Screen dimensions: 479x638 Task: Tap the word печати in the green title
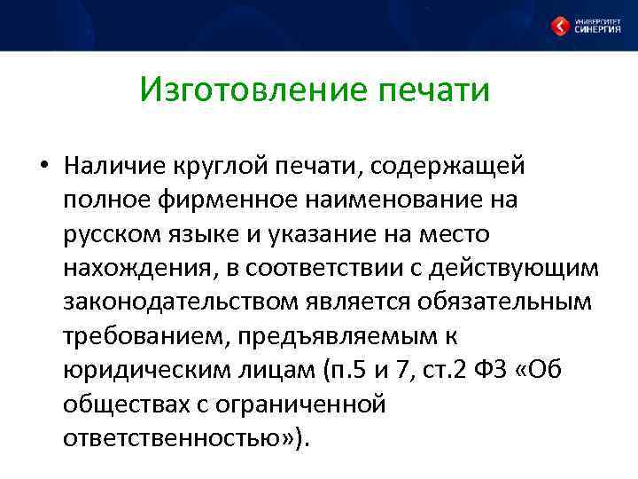[433, 90]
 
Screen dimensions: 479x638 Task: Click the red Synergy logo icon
[561, 26]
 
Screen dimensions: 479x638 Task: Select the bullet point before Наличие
[42, 167]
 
